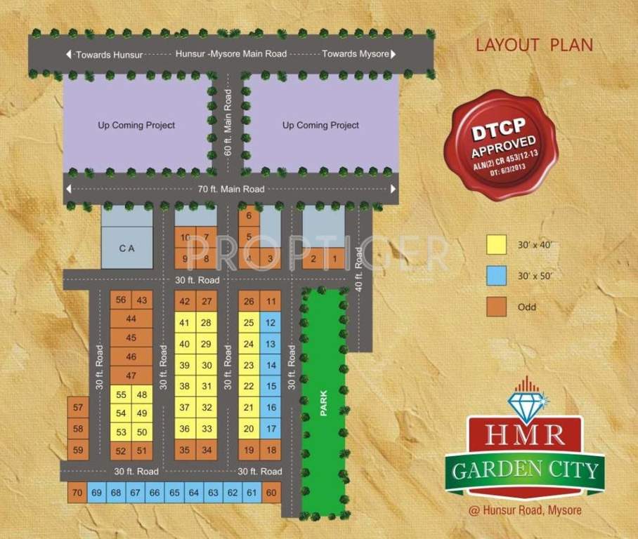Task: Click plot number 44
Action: [131, 319]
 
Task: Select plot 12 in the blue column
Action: [271, 322]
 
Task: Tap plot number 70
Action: [77, 493]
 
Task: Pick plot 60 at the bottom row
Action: [271, 493]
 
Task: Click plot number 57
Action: [78, 408]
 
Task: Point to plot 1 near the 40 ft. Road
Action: [335, 259]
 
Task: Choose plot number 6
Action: [249, 216]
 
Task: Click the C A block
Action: [126, 248]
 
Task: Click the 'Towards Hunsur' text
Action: [103, 54]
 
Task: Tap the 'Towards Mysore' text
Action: [356, 54]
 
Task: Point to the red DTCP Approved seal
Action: [500, 144]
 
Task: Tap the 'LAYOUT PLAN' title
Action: [534, 45]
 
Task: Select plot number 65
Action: [174, 493]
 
